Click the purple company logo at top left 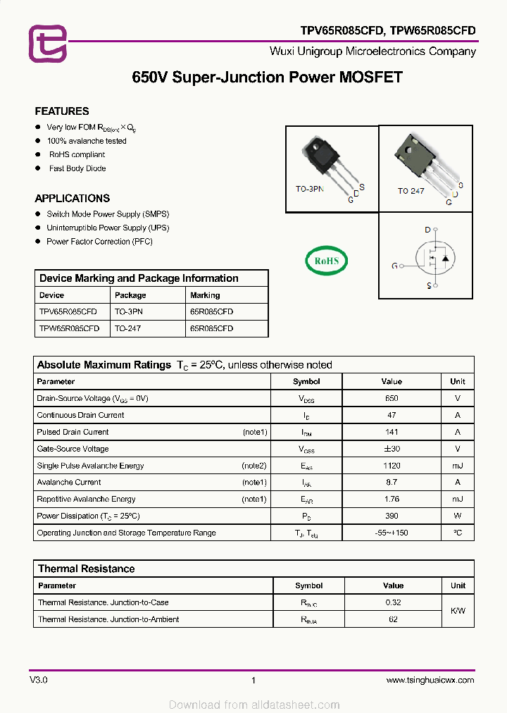[x=47, y=43]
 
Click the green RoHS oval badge [x=327, y=261]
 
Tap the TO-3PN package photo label [x=309, y=190]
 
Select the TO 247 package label [x=411, y=191]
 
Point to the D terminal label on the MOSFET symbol [x=427, y=230]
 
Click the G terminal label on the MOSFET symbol [x=394, y=266]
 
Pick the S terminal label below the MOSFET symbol [x=428, y=285]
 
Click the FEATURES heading [x=62, y=111]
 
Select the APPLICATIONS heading [x=73, y=199]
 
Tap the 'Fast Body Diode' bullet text [x=77, y=168]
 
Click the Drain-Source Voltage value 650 [x=392, y=398]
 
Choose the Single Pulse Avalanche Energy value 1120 [x=392, y=466]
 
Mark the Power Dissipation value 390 [x=392, y=516]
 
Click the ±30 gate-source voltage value [x=392, y=449]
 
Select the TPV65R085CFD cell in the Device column [x=68, y=311]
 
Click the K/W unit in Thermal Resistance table [x=458, y=611]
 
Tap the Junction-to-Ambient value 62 [x=393, y=619]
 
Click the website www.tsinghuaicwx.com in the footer [x=430, y=680]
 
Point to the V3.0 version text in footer [x=39, y=680]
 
